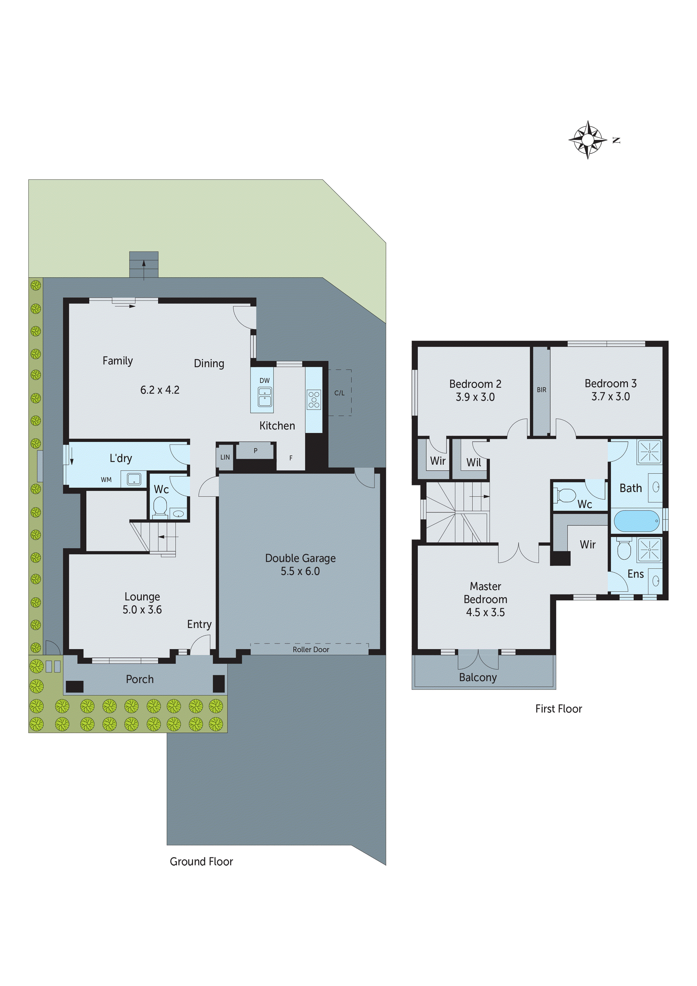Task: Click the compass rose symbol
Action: [587, 140]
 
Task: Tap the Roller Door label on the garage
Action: [311, 649]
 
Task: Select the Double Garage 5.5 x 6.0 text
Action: [300, 564]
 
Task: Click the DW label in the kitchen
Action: [264, 381]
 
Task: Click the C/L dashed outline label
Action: [339, 392]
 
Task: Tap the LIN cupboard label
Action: [225, 457]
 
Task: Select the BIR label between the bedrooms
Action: [542, 390]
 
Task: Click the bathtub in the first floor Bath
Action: [637, 521]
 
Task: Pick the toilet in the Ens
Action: [624, 550]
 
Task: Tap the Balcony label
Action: [478, 677]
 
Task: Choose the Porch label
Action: [140, 679]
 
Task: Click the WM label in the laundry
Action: [106, 480]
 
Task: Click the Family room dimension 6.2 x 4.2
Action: [160, 390]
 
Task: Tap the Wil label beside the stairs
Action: [474, 463]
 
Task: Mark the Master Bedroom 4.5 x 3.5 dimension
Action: [485, 612]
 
